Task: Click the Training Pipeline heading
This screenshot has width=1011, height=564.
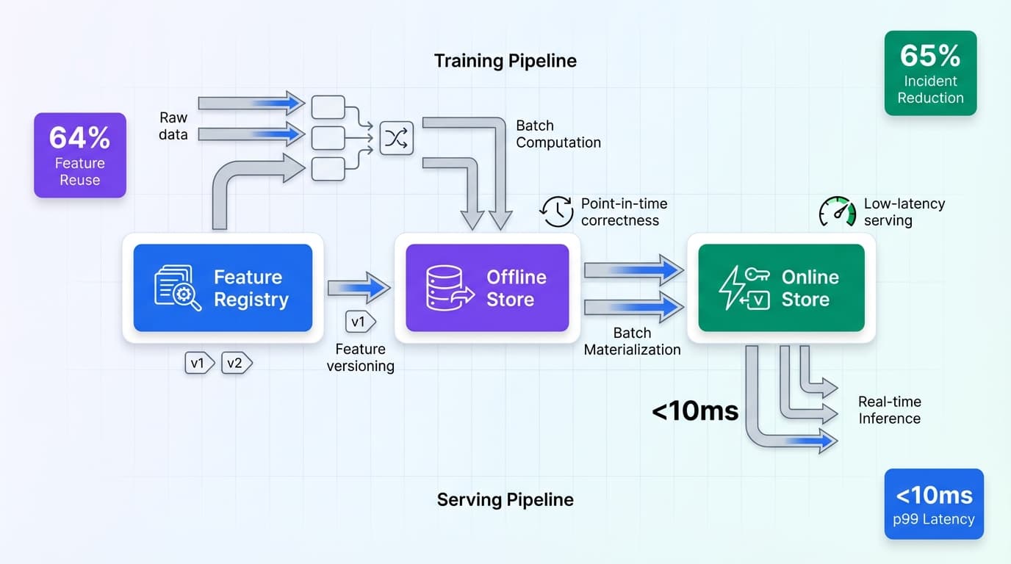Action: [x=505, y=60]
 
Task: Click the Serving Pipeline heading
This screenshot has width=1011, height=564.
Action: [x=505, y=500]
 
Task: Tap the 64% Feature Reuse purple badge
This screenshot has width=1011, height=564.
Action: [x=79, y=155]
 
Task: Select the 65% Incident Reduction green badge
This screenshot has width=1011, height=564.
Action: [x=930, y=73]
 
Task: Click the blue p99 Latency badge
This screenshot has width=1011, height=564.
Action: [x=934, y=504]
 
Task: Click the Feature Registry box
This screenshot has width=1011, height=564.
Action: [x=223, y=288]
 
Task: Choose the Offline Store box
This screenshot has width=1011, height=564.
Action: [x=487, y=288]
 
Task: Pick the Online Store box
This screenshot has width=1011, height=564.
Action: [x=781, y=288]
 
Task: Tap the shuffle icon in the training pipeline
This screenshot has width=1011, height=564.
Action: [x=397, y=138]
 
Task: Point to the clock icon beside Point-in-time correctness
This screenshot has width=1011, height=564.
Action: [x=558, y=211]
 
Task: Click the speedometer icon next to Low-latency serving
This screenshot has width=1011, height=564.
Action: [x=838, y=211]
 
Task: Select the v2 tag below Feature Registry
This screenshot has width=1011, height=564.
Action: [x=237, y=363]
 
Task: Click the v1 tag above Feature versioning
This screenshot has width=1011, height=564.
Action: [x=360, y=322]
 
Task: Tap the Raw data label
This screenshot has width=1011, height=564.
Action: [x=173, y=126]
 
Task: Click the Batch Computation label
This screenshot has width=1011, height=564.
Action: [x=558, y=134]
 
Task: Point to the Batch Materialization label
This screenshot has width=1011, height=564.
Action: [x=632, y=341]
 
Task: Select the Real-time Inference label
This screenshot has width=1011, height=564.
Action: [x=889, y=410]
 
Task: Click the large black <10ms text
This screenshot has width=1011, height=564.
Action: [x=694, y=411]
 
